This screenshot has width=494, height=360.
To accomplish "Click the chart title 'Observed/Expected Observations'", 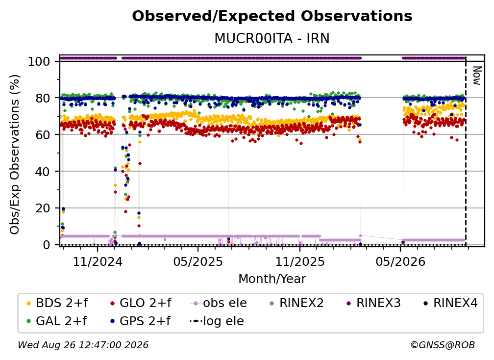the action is pyautogui.click(x=272, y=16).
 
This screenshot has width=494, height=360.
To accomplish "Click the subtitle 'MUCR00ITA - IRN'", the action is pyautogui.click(x=272, y=38).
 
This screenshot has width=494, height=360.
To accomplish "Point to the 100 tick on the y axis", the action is pyautogui.click(x=39, y=61).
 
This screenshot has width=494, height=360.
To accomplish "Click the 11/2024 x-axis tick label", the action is pyautogui.click(x=98, y=261).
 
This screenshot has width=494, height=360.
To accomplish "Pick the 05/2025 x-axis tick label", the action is pyautogui.click(x=198, y=261).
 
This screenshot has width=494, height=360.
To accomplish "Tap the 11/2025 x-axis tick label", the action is pyautogui.click(x=300, y=261).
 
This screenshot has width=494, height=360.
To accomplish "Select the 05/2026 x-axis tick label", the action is pyautogui.click(x=400, y=261).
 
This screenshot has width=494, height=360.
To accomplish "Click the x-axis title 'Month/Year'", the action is pyautogui.click(x=272, y=279).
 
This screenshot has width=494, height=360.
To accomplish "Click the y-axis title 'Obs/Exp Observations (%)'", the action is pyautogui.click(x=15, y=154).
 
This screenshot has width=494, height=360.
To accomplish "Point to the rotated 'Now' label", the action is pyautogui.click(x=477, y=76).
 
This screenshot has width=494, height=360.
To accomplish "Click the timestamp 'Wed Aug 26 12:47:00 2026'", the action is pyautogui.click(x=83, y=345).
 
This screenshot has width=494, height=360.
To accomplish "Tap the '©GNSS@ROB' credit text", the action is pyautogui.click(x=443, y=345).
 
